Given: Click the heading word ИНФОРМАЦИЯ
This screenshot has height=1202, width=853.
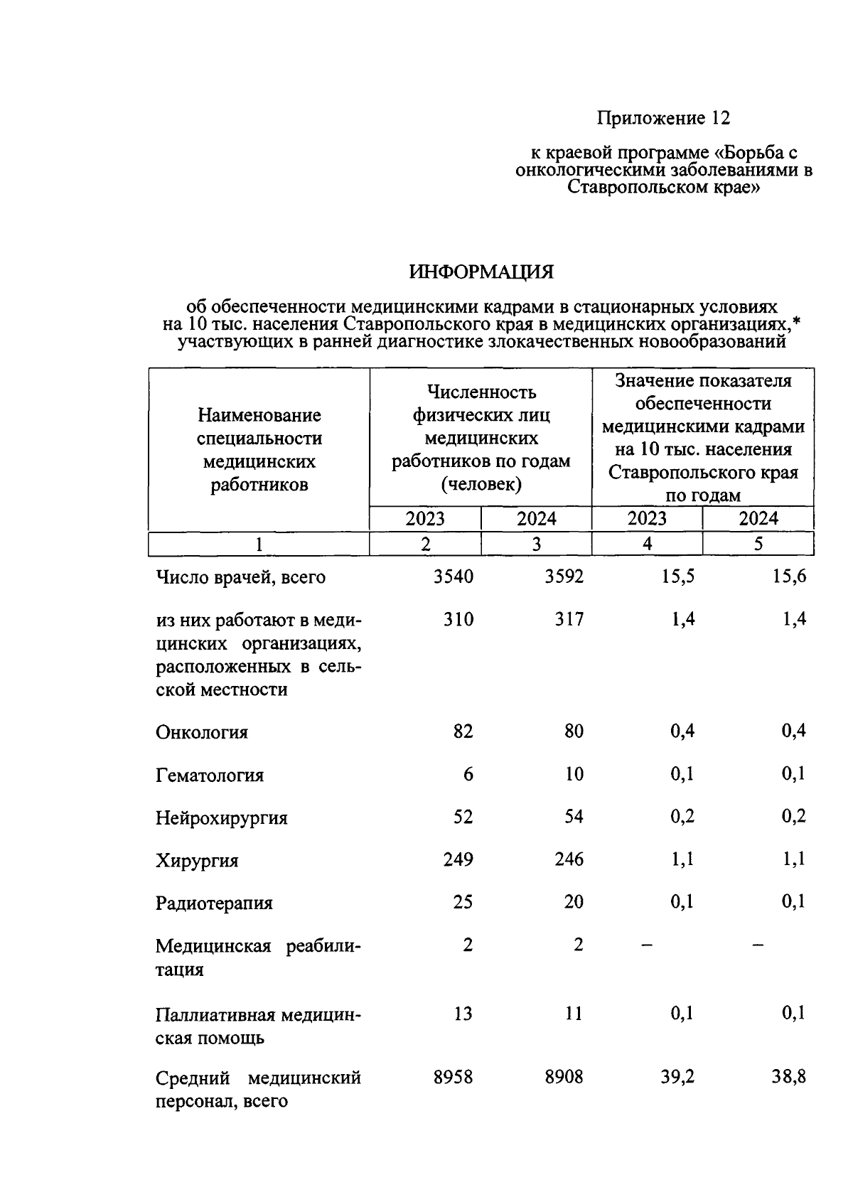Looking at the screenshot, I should [481, 272].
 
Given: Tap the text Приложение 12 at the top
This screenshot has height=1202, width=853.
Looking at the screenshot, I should [663, 118].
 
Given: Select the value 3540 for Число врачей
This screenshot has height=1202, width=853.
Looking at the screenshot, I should [453, 577].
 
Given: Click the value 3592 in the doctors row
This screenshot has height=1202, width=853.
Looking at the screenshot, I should [564, 577].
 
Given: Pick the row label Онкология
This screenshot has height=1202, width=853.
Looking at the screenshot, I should [202, 733].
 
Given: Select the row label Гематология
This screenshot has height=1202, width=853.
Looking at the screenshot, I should [210, 776].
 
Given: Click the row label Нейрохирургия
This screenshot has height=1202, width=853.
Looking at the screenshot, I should [222, 818].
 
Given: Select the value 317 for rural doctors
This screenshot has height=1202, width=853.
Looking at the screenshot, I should [569, 620].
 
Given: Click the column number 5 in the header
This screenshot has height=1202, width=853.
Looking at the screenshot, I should [758, 544].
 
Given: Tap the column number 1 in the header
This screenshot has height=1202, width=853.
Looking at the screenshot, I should [259, 544].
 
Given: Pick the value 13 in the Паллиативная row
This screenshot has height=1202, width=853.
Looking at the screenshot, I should [463, 1014].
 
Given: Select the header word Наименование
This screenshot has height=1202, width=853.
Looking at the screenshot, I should [259, 415].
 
